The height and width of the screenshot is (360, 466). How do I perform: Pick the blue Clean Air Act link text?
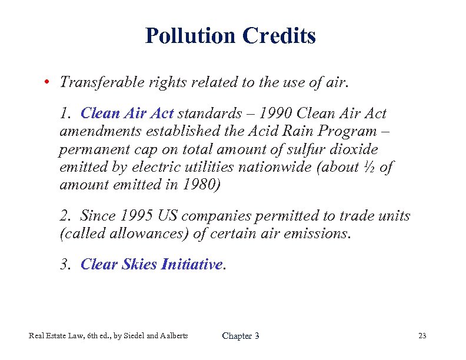point(127,113)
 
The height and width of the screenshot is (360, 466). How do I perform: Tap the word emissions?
point(318,234)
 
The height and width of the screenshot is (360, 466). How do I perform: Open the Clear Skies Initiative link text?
point(151,265)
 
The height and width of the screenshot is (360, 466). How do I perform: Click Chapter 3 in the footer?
point(240,336)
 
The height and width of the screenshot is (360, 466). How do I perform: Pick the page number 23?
point(422,336)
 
